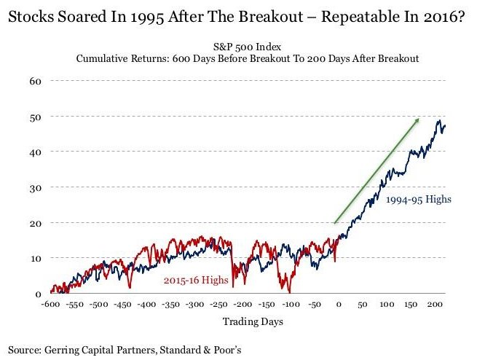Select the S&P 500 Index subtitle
[248, 44]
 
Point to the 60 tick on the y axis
[34, 80]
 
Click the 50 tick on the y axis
[34, 116]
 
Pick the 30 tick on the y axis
[34, 187]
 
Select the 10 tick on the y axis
[34, 258]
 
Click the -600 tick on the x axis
[50, 304]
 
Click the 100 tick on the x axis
[387, 304]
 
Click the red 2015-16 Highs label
[194, 280]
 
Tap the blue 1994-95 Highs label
[420, 198]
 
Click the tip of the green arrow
[419, 118]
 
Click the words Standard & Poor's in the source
[199, 350]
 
